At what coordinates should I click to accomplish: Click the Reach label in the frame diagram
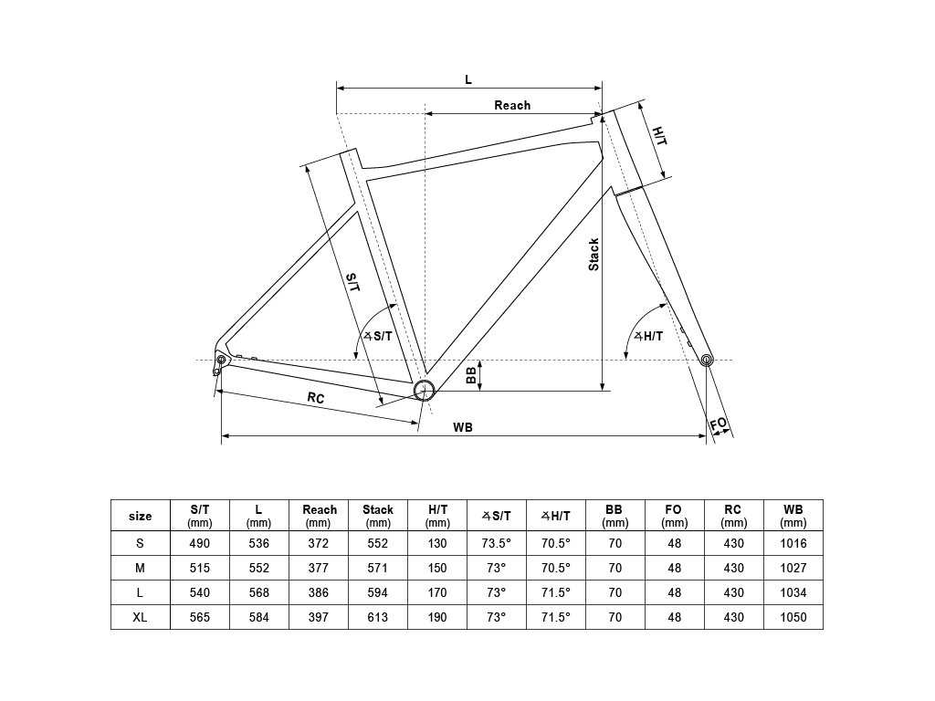(x=512, y=105)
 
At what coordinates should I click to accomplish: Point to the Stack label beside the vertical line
(x=594, y=255)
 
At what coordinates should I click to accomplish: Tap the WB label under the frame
(x=462, y=427)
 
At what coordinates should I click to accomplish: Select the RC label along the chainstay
(x=316, y=398)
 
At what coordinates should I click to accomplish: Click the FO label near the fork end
(x=720, y=424)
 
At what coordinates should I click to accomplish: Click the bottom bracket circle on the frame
(x=424, y=391)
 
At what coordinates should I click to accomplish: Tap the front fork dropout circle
(x=707, y=361)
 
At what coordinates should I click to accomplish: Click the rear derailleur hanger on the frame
(x=218, y=364)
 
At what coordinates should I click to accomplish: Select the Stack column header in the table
(x=378, y=516)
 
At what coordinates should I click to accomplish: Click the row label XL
(x=141, y=617)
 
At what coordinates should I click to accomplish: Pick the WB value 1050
(x=793, y=617)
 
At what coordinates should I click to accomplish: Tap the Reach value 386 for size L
(x=319, y=592)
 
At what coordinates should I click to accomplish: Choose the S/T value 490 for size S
(x=200, y=543)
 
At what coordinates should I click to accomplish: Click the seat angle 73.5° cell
(x=497, y=543)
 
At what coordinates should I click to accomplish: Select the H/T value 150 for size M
(x=437, y=568)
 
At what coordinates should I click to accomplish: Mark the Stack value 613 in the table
(x=378, y=617)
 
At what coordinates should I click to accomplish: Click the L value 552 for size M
(x=259, y=568)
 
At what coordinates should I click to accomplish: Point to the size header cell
(x=141, y=516)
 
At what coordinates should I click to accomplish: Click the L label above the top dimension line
(x=468, y=79)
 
